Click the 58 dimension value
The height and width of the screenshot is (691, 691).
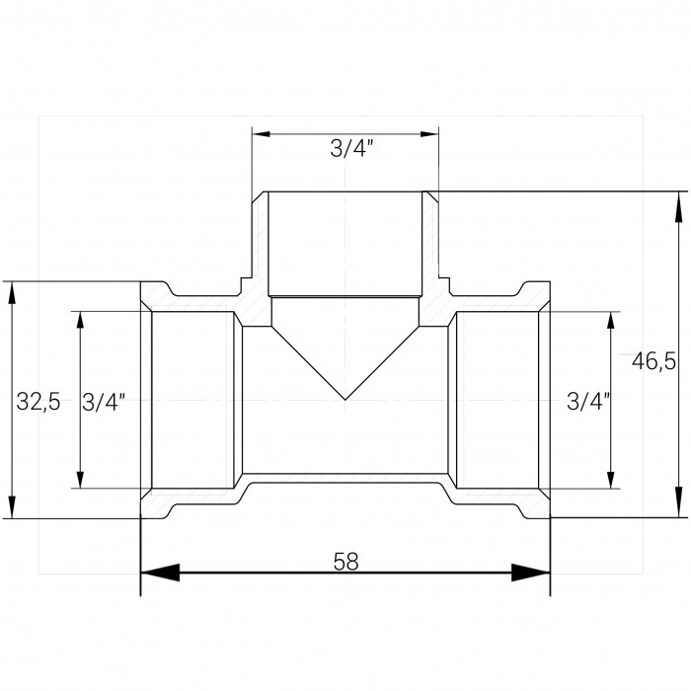pos(345,562)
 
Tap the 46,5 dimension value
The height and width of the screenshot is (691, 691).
pos(653,362)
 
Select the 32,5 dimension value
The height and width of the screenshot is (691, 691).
pos(38,402)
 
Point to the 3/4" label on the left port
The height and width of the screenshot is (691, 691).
pos(104,402)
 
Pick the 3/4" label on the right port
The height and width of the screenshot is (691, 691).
pos(588,402)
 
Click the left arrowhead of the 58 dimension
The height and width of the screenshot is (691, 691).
pos(160,572)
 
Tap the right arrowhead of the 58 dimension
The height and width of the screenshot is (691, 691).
pos(531,572)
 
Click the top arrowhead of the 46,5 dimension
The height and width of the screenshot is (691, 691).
pos(678,207)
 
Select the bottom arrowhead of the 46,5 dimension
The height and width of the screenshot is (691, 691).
pos(678,501)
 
